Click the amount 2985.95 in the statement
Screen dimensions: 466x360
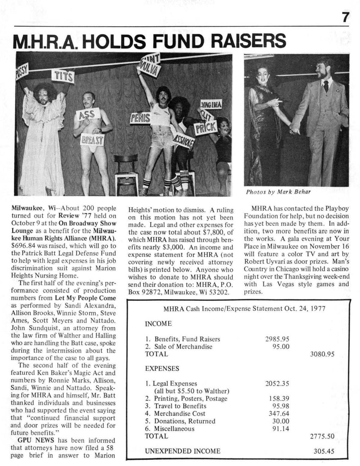point(277,339)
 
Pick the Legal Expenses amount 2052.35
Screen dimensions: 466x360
point(277,384)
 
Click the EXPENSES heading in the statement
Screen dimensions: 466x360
point(162,369)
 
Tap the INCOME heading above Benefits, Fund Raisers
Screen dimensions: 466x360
point(158,324)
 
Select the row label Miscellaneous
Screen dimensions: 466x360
point(174,429)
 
